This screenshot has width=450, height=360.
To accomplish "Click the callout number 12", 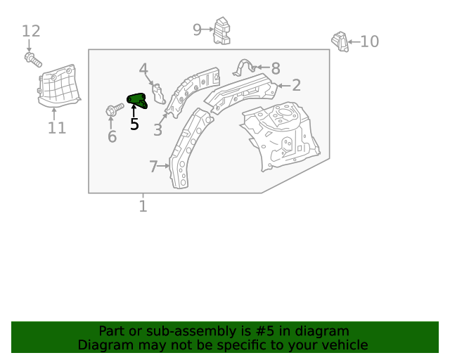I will tap(31, 31).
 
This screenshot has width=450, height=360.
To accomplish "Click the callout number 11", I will tap(57, 128).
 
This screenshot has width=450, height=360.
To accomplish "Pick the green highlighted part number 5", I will tap(136, 101).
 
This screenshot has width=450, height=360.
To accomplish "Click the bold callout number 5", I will tap(134, 124).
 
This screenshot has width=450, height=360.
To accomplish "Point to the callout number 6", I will tap(112, 136).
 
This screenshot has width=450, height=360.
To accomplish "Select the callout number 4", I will tap(143, 69).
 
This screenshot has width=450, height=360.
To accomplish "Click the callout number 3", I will tap(157, 130).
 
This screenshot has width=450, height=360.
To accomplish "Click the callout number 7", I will tap(153, 167).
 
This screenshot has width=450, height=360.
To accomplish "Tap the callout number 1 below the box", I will tap(143, 206).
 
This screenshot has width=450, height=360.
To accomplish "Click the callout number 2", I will tap(296, 85).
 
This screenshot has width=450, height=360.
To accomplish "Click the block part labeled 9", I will tap(221, 31).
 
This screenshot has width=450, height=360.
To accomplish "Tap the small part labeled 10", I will tap(340, 41).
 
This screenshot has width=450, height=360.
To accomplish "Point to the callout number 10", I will tap(369, 41).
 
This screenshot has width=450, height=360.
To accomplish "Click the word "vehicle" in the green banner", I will tap(342, 345).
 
